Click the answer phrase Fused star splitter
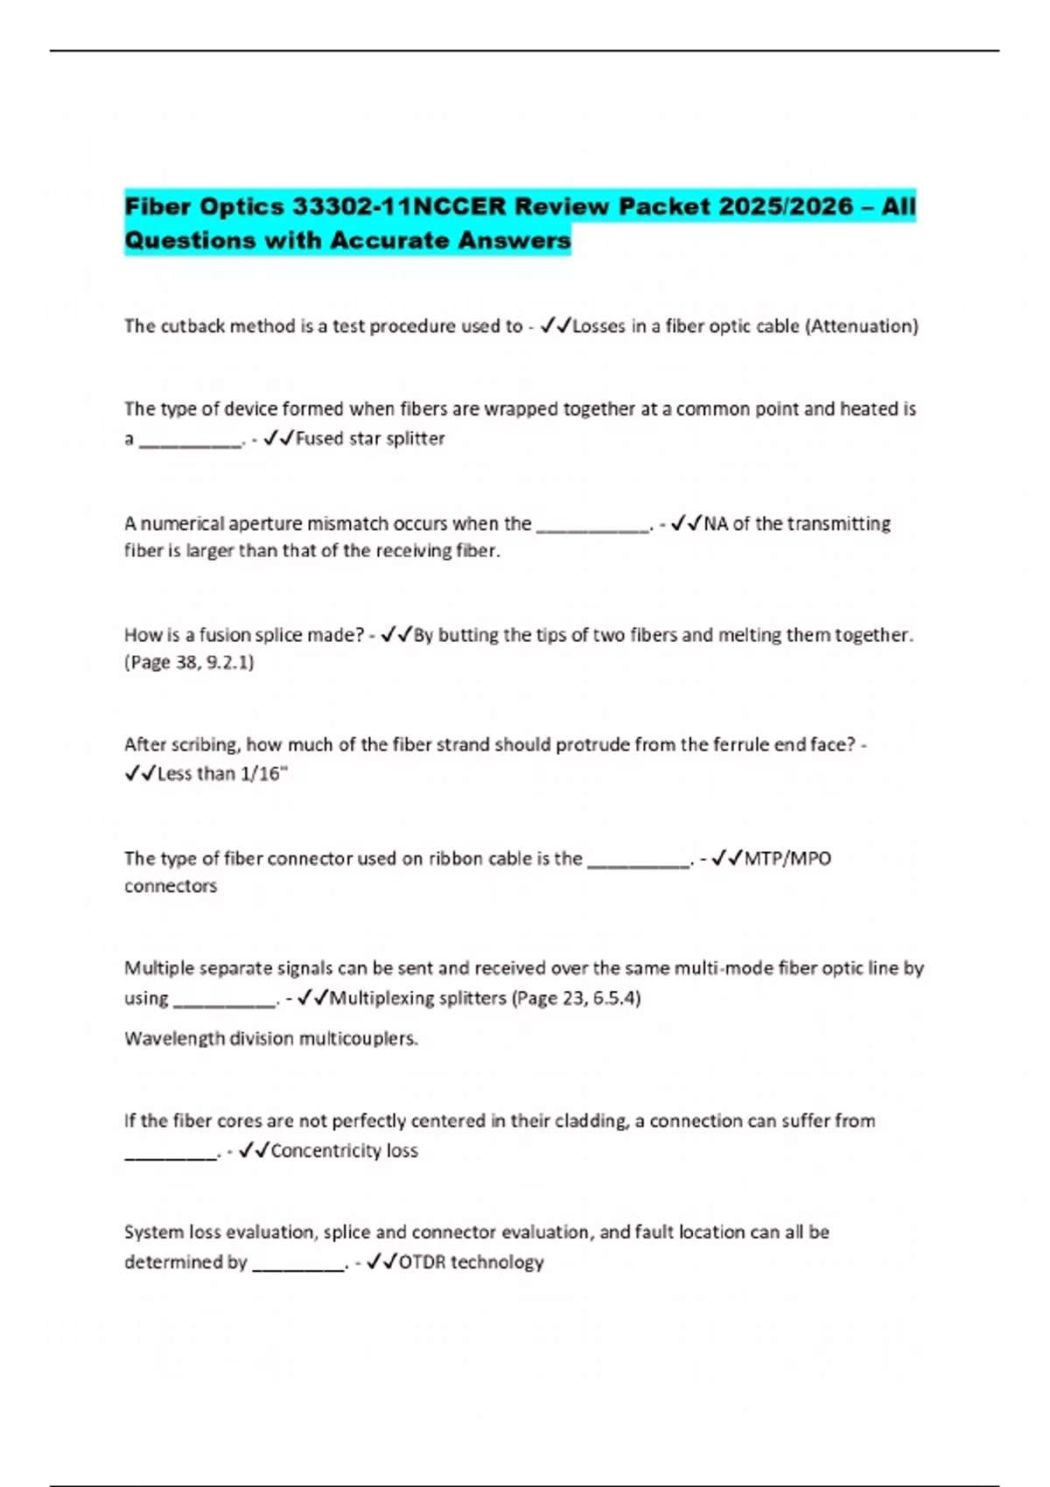click(370, 438)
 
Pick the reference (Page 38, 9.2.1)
click(189, 662)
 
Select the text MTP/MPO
click(787, 858)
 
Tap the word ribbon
click(455, 858)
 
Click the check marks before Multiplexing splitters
click(313, 998)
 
